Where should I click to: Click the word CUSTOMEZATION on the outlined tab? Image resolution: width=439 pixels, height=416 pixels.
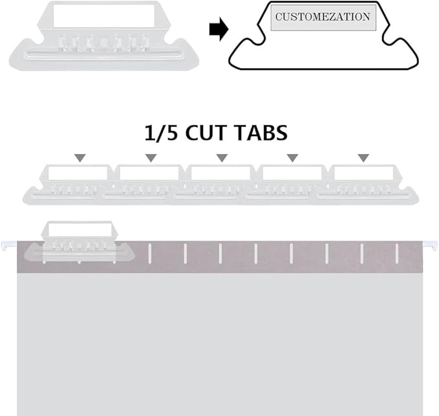[x=323, y=17]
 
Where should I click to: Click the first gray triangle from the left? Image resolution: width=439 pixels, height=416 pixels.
[x=80, y=158]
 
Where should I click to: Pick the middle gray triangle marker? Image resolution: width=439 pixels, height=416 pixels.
[x=222, y=158]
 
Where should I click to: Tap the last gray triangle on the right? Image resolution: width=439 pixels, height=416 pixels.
[x=363, y=158]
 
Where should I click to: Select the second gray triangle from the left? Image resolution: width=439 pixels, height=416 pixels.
[x=151, y=158]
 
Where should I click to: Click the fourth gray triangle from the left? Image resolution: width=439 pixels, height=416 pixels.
[x=292, y=158]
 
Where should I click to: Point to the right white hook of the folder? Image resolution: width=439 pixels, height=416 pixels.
[x=431, y=245]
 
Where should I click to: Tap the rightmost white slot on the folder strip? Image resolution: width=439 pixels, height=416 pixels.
[x=397, y=253]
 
